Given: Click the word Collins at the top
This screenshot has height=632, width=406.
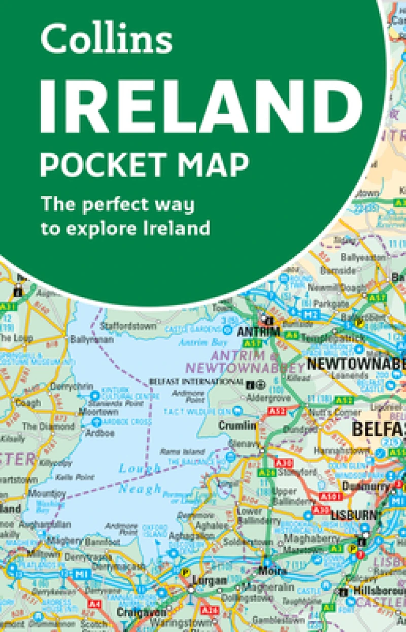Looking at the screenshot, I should click(x=106, y=40).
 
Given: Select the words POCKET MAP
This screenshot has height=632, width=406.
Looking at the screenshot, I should click(x=145, y=164).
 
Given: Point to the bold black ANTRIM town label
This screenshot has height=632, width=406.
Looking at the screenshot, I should click(x=258, y=331).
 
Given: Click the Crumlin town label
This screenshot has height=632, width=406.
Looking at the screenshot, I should click(x=238, y=426).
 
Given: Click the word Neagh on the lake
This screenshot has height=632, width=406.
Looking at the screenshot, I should click(x=140, y=489).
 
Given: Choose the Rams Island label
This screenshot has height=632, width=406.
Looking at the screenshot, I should click(x=176, y=451).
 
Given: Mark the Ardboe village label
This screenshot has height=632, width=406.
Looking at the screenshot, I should click(x=100, y=434).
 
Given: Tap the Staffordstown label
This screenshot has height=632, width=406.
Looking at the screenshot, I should click(x=129, y=325).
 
